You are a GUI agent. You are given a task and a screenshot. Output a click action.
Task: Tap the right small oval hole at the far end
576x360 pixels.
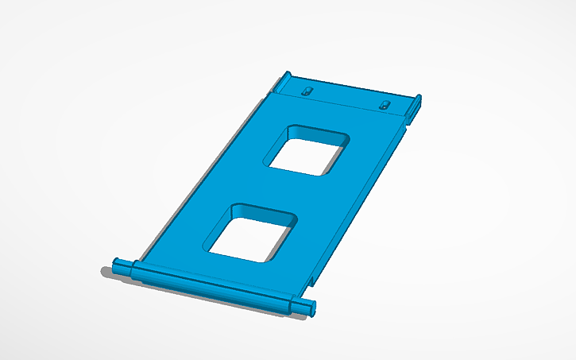click(x=385, y=105)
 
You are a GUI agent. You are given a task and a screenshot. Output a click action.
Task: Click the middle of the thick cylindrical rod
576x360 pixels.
click(x=211, y=285)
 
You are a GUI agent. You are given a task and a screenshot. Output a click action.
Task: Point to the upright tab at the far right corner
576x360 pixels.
click(x=416, y=107)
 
